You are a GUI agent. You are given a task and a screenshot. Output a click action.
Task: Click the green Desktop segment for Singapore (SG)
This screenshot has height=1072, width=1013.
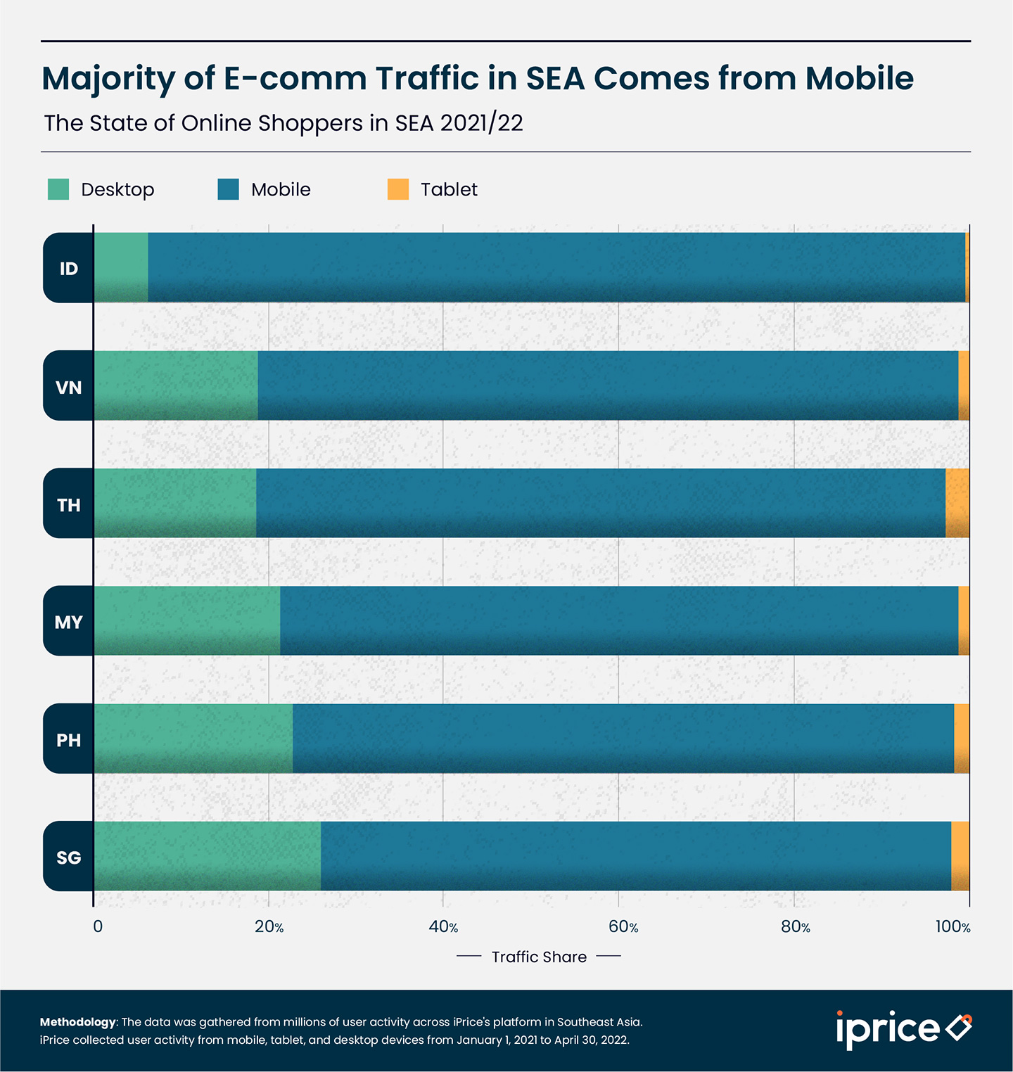(208, 856)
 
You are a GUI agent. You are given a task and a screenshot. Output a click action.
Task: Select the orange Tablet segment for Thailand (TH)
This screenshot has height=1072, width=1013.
(957, 503)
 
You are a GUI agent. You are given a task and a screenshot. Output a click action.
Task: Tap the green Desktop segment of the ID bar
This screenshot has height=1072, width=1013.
(121, 267)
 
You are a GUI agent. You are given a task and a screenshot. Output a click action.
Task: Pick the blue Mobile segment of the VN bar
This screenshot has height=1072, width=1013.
(608, 385)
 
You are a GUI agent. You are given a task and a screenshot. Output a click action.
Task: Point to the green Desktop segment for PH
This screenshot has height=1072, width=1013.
(193, 739)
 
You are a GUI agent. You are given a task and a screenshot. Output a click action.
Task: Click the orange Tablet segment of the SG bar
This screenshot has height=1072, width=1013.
(960, 856)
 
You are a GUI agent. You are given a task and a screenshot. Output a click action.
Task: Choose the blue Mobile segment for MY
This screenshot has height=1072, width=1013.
(619, 620)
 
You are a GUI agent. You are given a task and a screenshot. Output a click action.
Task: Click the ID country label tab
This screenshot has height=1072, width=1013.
(68, 268)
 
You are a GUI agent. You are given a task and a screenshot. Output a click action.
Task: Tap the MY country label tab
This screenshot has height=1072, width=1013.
(68, 622)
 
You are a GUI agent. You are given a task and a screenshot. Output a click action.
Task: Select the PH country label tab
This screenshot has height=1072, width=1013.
(68, 739)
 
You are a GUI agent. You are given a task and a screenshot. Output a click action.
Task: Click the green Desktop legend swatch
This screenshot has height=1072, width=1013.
(58, 189)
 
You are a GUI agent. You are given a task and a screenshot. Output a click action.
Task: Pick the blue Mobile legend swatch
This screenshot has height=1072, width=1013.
(229, 189)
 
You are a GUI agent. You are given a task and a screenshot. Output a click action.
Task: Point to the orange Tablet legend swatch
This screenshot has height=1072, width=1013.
(398, 189)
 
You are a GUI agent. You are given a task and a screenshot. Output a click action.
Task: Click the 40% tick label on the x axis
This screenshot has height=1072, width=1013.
(443, 927)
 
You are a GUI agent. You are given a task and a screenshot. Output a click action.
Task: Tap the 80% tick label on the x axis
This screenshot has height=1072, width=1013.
(795, 927)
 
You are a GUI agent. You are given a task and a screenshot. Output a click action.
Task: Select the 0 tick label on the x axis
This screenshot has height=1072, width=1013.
(98, 927)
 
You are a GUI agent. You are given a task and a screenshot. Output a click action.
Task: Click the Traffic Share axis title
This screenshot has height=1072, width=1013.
(539, 957)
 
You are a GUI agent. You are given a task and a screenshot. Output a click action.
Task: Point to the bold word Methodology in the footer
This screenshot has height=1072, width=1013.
(77, 1022)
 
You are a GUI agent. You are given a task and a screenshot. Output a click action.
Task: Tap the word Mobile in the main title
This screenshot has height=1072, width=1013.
(859, 78)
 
